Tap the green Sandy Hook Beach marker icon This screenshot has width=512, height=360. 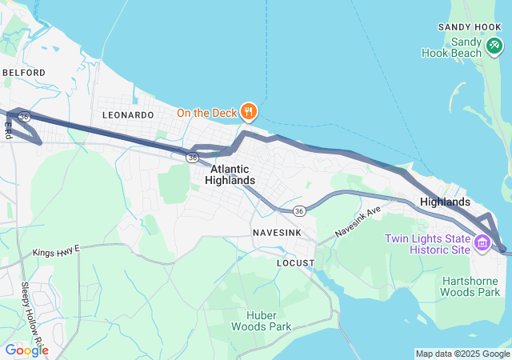494,47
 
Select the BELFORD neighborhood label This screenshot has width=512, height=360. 23,72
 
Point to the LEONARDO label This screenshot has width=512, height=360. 128,115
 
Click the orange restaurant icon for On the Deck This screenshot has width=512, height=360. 249,112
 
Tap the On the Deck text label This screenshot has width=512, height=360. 207,113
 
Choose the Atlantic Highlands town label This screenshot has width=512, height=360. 230,174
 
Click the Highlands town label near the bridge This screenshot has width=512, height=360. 445,202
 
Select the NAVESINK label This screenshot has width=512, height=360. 277,231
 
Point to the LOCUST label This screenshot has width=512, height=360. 295,262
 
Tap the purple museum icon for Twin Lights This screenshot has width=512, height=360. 483,242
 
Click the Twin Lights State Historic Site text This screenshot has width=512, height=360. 427,244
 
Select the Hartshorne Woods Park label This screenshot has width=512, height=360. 470,286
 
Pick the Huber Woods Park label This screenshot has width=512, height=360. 261,320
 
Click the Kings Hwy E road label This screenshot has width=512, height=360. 57,252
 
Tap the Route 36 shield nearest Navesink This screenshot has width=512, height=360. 298,210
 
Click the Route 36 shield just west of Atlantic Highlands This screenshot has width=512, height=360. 192,158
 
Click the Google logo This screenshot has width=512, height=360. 26,350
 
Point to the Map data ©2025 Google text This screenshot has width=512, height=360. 462,354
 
